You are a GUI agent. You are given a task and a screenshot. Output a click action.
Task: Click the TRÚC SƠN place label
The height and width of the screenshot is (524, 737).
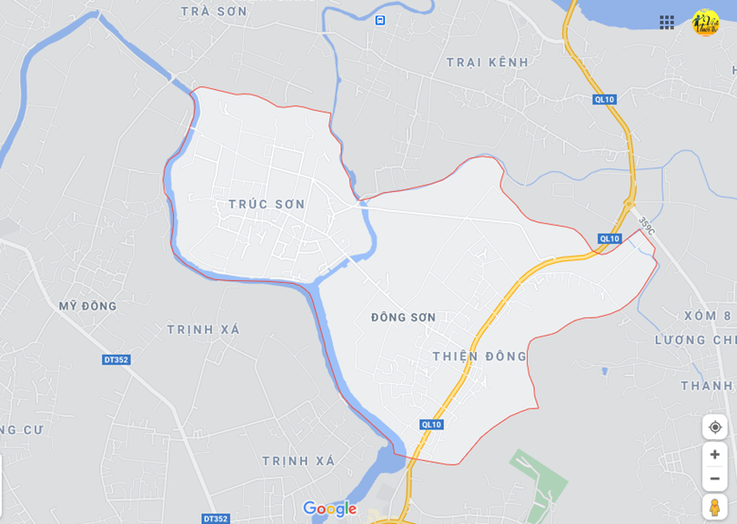[267, 205]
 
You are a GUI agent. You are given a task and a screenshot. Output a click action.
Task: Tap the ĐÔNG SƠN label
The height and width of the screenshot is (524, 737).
[403, 317]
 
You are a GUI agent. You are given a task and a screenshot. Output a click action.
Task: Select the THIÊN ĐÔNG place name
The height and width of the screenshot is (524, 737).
[480, 356]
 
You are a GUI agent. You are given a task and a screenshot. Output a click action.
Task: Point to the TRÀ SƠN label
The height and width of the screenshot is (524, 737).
[214, 11]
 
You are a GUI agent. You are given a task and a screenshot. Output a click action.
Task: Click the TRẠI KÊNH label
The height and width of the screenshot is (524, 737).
[487, 62]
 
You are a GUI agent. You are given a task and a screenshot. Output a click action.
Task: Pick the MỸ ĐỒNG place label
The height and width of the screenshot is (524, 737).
[88, 306]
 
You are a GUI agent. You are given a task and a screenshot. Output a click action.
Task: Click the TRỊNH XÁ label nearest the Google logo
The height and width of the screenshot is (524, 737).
[298, 461]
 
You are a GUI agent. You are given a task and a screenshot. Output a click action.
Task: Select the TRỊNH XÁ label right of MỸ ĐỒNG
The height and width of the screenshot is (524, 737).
[204, 329]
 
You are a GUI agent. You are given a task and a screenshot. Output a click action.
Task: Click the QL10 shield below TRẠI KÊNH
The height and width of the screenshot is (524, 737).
[605, 99]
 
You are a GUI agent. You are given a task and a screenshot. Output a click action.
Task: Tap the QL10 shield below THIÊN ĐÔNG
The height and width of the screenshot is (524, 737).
[431, 424]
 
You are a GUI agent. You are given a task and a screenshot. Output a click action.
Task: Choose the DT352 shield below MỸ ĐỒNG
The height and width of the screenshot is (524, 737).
[116, 360]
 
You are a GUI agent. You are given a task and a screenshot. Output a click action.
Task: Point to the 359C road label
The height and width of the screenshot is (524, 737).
[646, 224]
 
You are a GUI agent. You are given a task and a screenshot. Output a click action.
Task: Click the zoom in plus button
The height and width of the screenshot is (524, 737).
[715, 455]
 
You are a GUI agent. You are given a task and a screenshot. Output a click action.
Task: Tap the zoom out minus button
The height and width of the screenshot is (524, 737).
[715, 479]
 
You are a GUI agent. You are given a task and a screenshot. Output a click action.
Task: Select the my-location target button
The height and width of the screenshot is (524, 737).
[715, 427]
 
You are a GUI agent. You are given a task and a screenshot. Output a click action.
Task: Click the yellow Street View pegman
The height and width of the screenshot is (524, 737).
[715, 507]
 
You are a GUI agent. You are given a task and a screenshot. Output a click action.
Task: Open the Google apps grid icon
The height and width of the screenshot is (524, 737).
[667, 22]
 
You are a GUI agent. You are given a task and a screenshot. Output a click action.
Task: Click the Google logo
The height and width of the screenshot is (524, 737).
[329, 509]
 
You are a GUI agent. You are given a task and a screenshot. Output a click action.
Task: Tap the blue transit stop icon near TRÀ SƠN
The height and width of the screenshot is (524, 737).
[379, 20]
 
